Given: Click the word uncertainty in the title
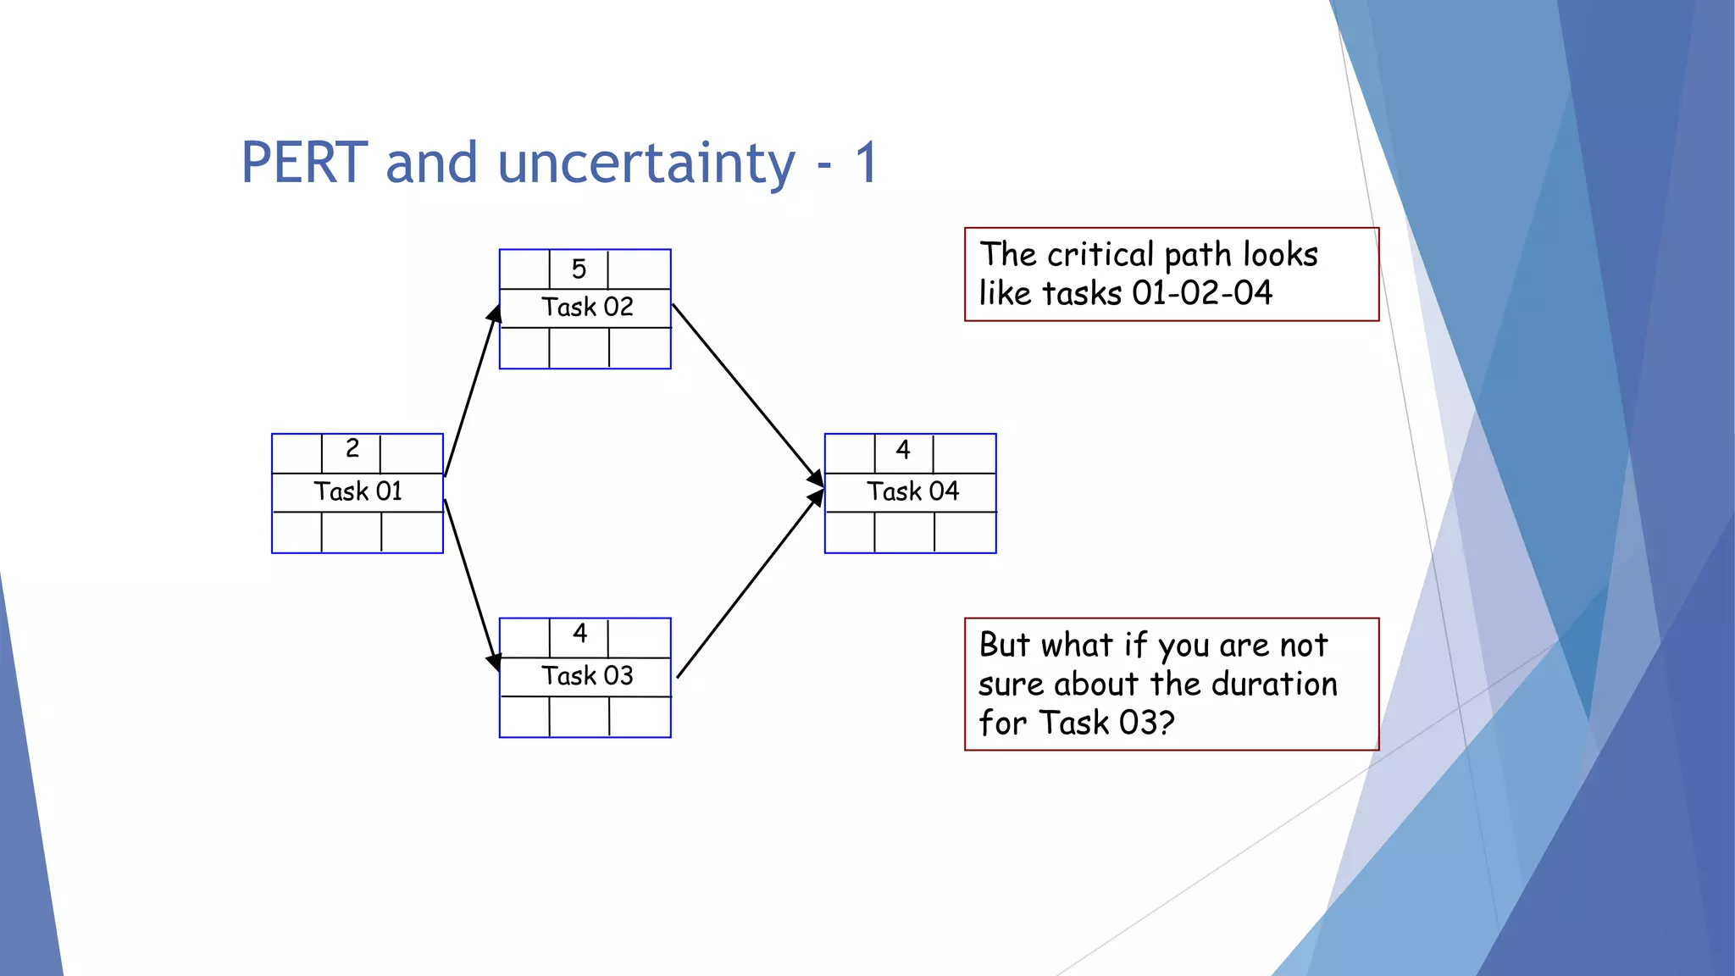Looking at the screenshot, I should click(x=646, y=163).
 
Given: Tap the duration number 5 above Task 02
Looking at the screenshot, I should click(x=579, y=269).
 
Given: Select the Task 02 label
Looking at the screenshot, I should click(x=587, y=307).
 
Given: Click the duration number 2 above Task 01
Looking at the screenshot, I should click(x=352, y=448).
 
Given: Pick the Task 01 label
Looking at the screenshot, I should click(x=358, y=491).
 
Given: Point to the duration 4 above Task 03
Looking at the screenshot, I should click(x=579, y=633).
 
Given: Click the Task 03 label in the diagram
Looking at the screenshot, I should click(x=587, y=676).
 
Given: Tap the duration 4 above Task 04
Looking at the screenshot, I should click(x=903, y=450).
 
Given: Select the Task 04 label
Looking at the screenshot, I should click(x=912, y=491).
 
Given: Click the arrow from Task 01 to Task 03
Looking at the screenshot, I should click(x=471, y=585).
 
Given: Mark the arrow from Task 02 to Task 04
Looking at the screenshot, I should click(x=746, y=393).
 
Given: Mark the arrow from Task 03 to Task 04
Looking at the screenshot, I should click(x=749, y=585).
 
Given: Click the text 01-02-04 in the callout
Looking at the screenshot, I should click(x=1202, y=293).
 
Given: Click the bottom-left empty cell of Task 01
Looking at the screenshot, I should click(x=297, y=532).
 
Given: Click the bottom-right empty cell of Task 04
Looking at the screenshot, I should click(x=965, y=532).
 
